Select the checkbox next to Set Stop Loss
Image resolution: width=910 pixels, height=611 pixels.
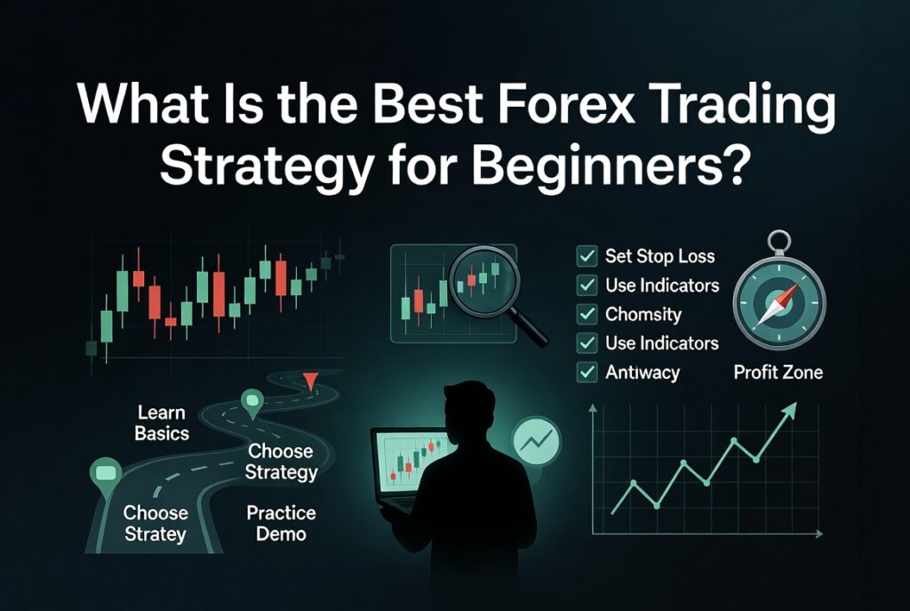(587, 255)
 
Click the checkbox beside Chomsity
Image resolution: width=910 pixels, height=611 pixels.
(587, 314)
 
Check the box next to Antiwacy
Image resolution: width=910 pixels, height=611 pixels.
(587, 372)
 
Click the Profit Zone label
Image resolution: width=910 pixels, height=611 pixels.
(778, 372)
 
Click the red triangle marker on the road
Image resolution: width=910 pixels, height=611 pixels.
(310, 381)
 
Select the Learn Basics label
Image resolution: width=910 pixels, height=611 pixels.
(162, 422)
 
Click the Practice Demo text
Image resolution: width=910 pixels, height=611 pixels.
(281, 523)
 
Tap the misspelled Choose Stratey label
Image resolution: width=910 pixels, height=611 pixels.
(155, 523)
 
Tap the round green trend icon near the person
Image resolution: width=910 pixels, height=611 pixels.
(537, 441)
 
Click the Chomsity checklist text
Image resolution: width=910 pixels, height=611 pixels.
(643, 314)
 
